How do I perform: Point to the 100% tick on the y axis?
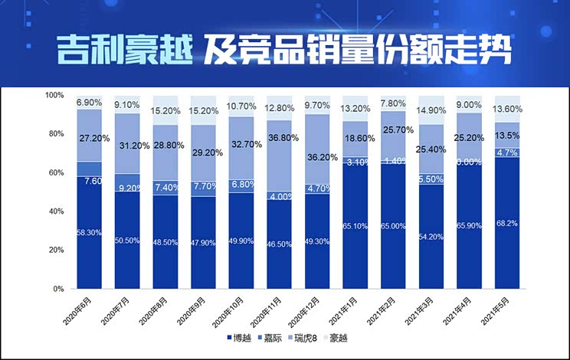click(54, 95)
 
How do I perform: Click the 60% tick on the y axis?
click(54, 173)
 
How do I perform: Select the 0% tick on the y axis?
click(57, 290)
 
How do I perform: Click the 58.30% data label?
click(89, 232)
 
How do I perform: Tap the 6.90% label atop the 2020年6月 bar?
click(89, 102)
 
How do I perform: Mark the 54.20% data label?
click(432, 237)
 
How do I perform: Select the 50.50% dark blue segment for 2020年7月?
click(127, 240)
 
